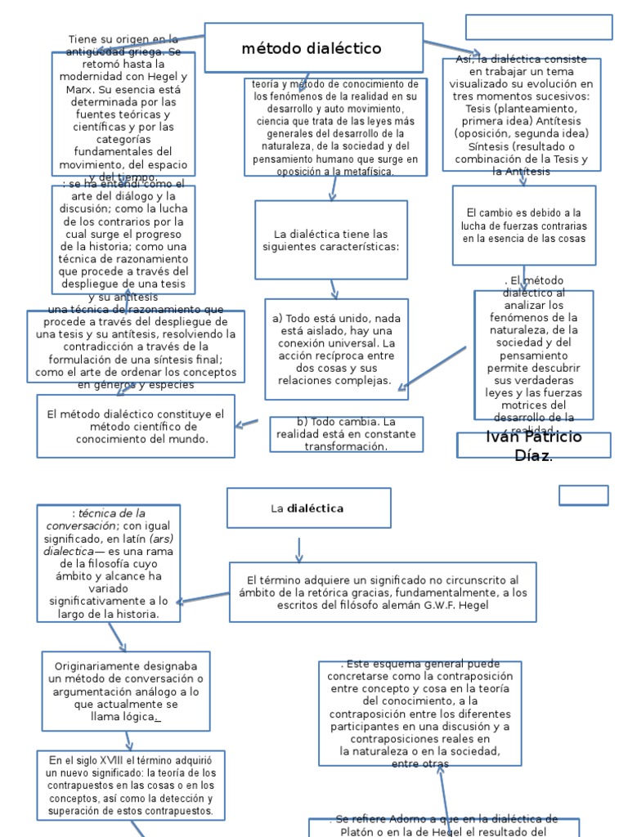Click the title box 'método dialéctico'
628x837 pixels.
(313, 48)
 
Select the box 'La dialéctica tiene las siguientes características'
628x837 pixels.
(330, 239)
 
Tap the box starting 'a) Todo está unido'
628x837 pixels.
(336, 349)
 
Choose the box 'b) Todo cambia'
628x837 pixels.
(346, 434)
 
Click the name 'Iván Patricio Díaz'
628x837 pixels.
(533, 445)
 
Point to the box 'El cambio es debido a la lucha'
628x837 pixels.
(523, 226)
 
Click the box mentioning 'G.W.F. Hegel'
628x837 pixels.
(383, 592)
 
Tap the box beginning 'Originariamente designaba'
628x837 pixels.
(126, 691)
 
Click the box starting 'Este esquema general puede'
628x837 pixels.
(419, 714)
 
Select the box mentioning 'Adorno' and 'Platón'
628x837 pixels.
(443, 826)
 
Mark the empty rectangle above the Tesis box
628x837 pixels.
(538, 27)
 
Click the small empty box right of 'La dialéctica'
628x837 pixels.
(584, 495)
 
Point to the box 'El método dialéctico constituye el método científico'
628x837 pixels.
(136, 427)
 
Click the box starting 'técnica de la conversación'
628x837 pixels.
(108, 562)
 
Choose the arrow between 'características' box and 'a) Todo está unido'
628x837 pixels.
(334, 289)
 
